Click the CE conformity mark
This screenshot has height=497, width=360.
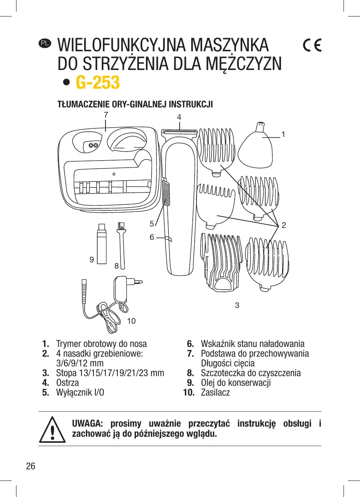pos(312,45)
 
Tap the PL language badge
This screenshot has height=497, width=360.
pos(45,43)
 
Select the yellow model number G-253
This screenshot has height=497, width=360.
pos(98,82)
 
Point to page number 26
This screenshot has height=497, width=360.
pos(31,466)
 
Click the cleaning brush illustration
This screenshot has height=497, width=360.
pos(121,245)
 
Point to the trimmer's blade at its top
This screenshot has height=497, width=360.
pos(179,131)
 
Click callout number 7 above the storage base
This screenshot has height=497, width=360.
pos(106,115)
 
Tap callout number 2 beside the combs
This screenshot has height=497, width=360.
pos(284,225)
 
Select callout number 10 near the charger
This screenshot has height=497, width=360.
pos(131,321)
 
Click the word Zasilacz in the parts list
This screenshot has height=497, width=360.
pos(215,393)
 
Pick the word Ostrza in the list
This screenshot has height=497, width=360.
pos(67,383)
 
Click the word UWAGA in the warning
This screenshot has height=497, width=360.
pos(87,424)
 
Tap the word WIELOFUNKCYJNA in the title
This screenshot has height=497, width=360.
pos(121,45)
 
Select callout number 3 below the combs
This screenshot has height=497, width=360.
pos(237,305)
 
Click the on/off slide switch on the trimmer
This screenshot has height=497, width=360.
pos(166,193)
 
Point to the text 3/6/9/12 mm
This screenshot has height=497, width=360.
pos(80,363)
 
